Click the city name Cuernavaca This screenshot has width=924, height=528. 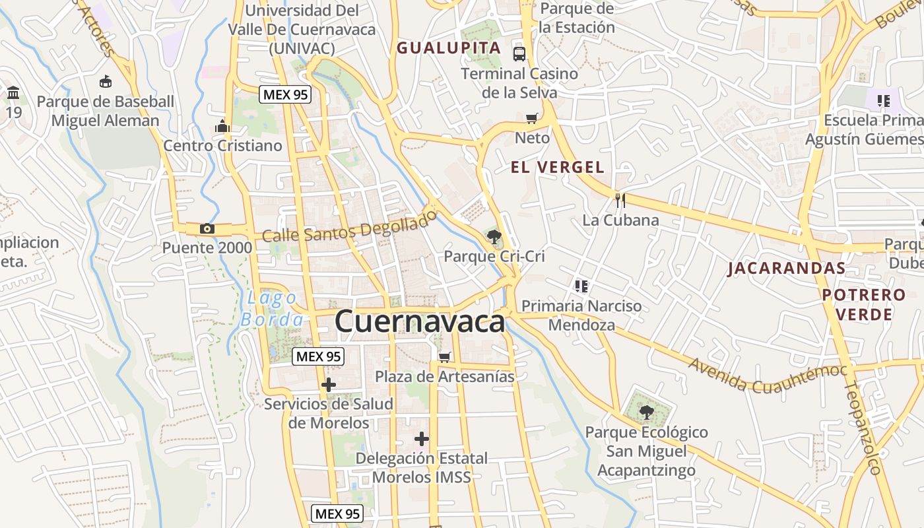(x=420, y=322)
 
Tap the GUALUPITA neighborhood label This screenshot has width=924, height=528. (x=449, y=48)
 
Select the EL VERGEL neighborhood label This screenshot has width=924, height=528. (x=558, y=168)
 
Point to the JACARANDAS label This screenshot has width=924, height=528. (x=787, y=268)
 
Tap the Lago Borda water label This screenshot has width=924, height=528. (x=272, y=309)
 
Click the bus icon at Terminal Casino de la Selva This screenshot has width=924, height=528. (x=519, y=53)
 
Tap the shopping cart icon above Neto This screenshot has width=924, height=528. (x=531, y=118)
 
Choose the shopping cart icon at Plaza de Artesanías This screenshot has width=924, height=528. (x=445, y=357)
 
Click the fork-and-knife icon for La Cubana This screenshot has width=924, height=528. (x=620, y=200)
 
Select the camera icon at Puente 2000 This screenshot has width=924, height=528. (x=207, y=229)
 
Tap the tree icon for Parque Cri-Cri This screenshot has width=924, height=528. (x=494, y=236)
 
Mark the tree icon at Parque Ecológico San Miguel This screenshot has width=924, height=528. (x=647, y=412)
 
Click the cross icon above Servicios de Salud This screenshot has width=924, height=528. (x=328, y=385)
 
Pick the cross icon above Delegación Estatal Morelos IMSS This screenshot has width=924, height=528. (x=422, y=438)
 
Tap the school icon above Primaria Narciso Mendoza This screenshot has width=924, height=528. (x=581, y=286)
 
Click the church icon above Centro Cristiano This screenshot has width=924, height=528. (x=222, y=126)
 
